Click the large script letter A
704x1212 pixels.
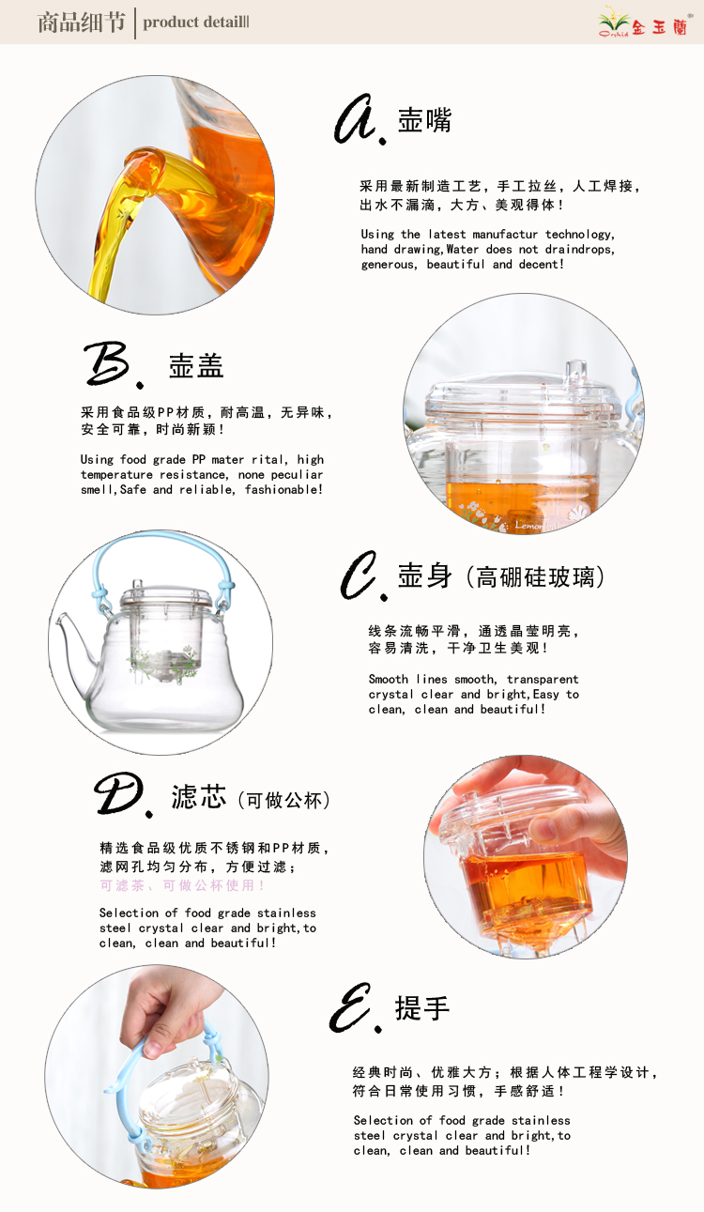click(x=356, y=119)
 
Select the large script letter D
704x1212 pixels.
click(x=119, y=793)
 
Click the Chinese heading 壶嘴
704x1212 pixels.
click(x=425, y=119)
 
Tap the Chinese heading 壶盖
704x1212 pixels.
click(x=196, y=366)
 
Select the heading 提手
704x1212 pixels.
click(x=422, y=1008)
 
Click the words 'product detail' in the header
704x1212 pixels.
click(x=192, y=23)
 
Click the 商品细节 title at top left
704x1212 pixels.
click(x=81, y=23)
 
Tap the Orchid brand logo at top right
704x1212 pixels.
click(x=643, y=23)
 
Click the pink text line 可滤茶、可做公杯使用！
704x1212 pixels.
click(x=182, y=885)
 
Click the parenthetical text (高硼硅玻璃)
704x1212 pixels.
click(x=536, y=577)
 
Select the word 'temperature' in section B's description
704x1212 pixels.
click(x=116, y=474)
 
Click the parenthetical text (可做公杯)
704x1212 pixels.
click(x=284, y=800)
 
